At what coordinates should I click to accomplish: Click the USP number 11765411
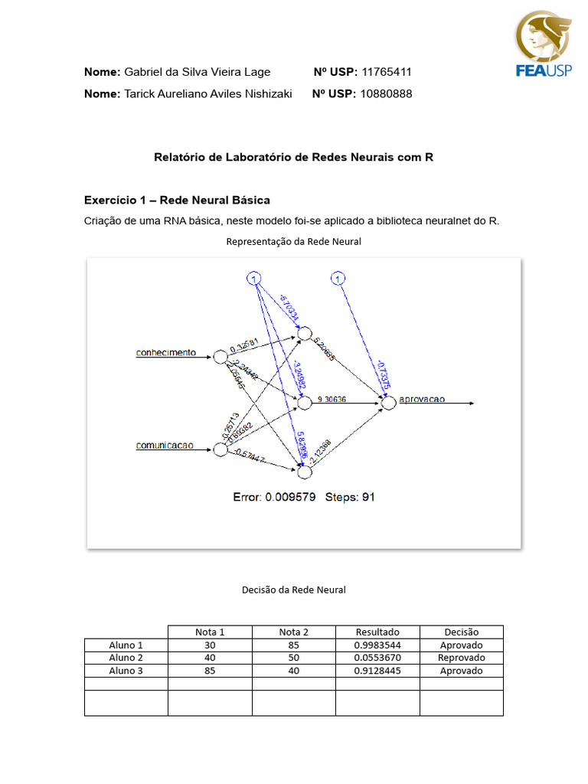(x=386, y=72)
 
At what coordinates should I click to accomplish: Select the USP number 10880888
(x=386, y=93)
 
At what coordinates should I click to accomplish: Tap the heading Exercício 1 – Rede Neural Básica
(x=177, y=200)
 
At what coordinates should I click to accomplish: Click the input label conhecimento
(x=165, y=353)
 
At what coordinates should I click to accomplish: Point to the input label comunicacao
(x=165, y=445)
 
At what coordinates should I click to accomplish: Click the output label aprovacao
(x=422, y=399)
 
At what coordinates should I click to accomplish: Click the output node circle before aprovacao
(x=389, y=403)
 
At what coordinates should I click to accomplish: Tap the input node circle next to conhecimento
(x=220, y=356)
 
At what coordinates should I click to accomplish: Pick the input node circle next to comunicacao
(x=220, y=449)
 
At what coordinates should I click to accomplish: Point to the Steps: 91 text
(x=350, y=497)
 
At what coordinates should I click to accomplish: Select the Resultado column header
(x=377, y=632)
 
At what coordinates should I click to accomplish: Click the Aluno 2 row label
(x=126, y=658)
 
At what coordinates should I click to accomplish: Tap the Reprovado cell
(x=461, y=658)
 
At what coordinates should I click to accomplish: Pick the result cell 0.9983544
(x=377, y=645)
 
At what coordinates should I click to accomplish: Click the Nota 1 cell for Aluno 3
(x=210, y=671)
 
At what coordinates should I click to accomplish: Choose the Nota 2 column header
(x=294, y=632)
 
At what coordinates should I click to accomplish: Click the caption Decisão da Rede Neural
(x=294, y=590)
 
